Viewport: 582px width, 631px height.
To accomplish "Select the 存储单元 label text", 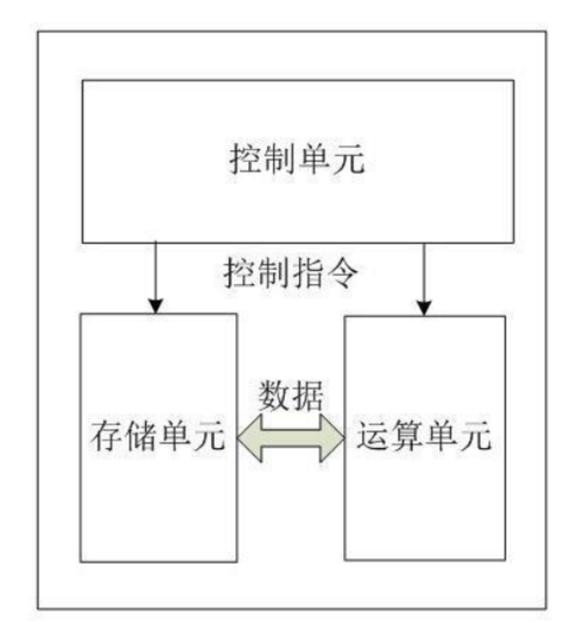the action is pos(157,437).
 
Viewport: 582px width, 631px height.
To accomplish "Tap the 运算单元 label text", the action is pos(424,437).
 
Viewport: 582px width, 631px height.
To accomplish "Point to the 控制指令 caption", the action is pos(291,274).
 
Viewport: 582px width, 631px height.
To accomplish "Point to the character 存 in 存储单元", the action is pos(107,437).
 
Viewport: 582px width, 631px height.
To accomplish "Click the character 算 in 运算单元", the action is pos(407,437).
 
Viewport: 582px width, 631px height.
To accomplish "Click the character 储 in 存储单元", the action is pos(141,437).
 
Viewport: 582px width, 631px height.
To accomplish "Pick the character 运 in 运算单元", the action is pos(373,437).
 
